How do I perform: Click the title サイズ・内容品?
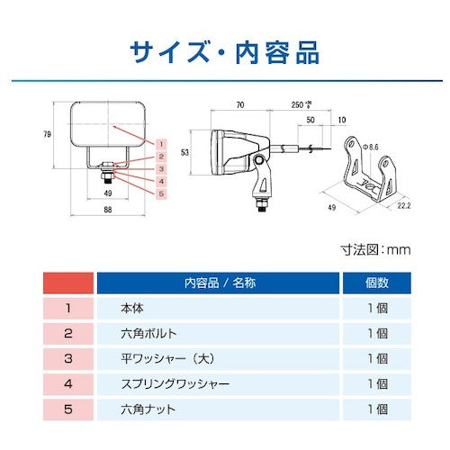pyautogui.click(x=225, y=52)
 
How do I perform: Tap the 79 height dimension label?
pyautogui.click(x=47, y=134)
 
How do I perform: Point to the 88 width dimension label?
pyautogui.click(x=108, y=210)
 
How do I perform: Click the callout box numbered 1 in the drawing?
pyautogui.click(x=161, y=144)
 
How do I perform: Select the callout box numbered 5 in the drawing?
pyautogui.click(x=161, y=193)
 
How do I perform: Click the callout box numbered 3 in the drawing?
pyautogui.click(x=161, y=169)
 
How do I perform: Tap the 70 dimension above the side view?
pyautogui.click(x=240, y=104)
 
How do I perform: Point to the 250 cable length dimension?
pyautogui.click(x=301, y=104)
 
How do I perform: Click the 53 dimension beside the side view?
pyautogui.click(x=184, y=152)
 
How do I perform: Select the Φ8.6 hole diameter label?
pyautogui.click(x=371, y=147)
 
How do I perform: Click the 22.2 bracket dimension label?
pyautogui.click(x=404, y=205)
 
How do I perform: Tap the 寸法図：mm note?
pyautogui.click(x=375, y=249)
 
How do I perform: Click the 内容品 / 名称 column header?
pyautogui.click(x=219, y=283)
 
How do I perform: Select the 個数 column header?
pyautogui.click(x=377, y=283)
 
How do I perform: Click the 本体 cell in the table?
pyautogui.click(x=219, y=308)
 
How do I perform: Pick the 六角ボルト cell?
pyautogui.click(x=219, y=333)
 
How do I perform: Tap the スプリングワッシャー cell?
pyautogui.click(x=219, y=384)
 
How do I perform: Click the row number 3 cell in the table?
pyautogui.click(x=68, y=359)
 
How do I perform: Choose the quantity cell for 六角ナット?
pyautogui.click(x=377, y=409)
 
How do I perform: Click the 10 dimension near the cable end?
pyautogui.click(x=342, y=120)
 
